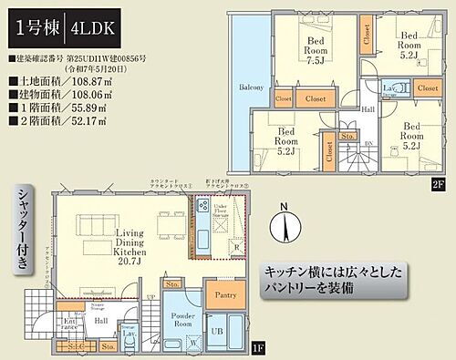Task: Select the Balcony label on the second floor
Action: tap(252, 87)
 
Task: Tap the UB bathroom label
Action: tap(219, 329)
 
